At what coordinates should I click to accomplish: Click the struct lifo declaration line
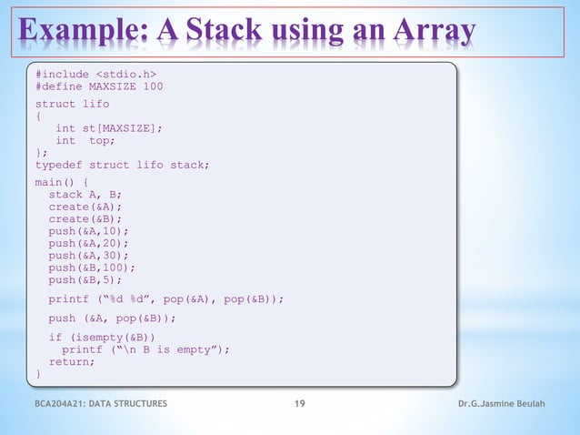(x=72, y=104)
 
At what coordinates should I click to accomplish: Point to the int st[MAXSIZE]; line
(x=108, y=128)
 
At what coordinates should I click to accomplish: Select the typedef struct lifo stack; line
(x=123, y=165)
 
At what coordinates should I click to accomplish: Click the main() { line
(x=62, y=181)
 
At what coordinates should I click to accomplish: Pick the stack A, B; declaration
(x=85, y=194)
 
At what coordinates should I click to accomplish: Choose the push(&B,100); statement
(x=92, y=268)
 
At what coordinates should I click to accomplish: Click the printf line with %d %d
(x=166, y=298)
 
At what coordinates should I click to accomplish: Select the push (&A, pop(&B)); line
(x=112, y=319)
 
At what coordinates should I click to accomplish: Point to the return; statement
(x=72, y=361)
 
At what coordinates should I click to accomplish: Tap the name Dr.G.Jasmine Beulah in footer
(x=502, y=404)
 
